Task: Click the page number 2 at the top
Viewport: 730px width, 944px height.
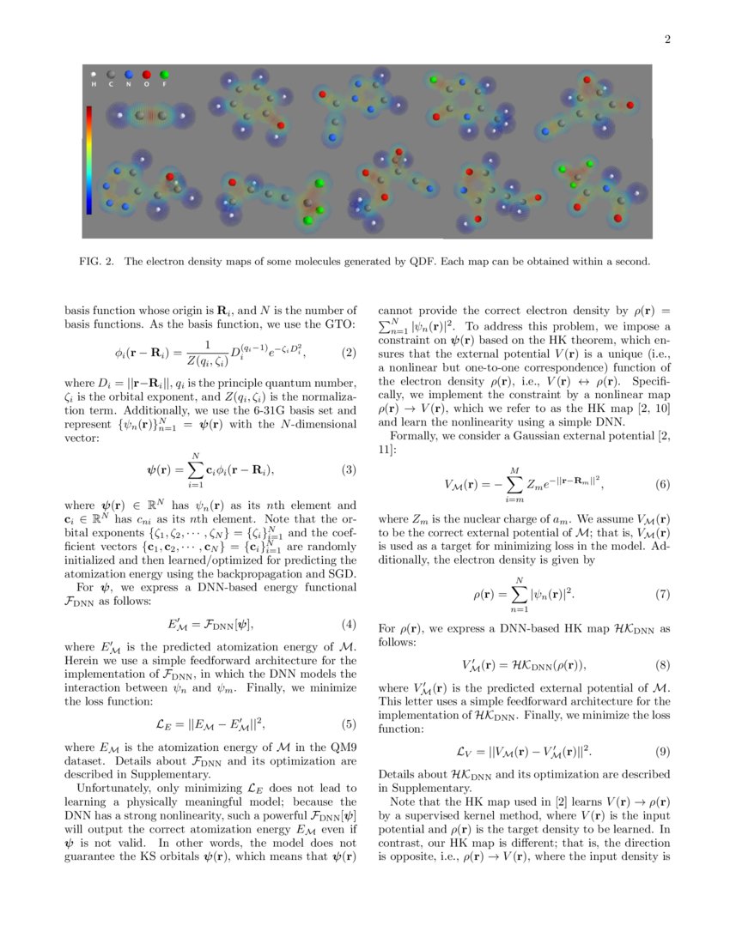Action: click(667, 39)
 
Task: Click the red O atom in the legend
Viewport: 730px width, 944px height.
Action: click(147, 76)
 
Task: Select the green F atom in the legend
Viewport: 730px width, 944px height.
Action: click(164, 76)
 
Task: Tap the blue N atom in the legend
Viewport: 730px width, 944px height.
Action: click(129, 76)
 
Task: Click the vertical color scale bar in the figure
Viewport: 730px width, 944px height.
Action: click(89, 160)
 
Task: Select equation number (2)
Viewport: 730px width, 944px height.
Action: click(349, 353)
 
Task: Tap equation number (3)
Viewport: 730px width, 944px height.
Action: click(349, 469)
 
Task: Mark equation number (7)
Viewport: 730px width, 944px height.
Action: click(662, 594)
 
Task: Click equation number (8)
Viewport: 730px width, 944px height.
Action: click(662, 664)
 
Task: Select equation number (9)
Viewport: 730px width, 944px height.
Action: click(662, 752)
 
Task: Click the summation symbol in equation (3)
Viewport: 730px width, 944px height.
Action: click(197, 469)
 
